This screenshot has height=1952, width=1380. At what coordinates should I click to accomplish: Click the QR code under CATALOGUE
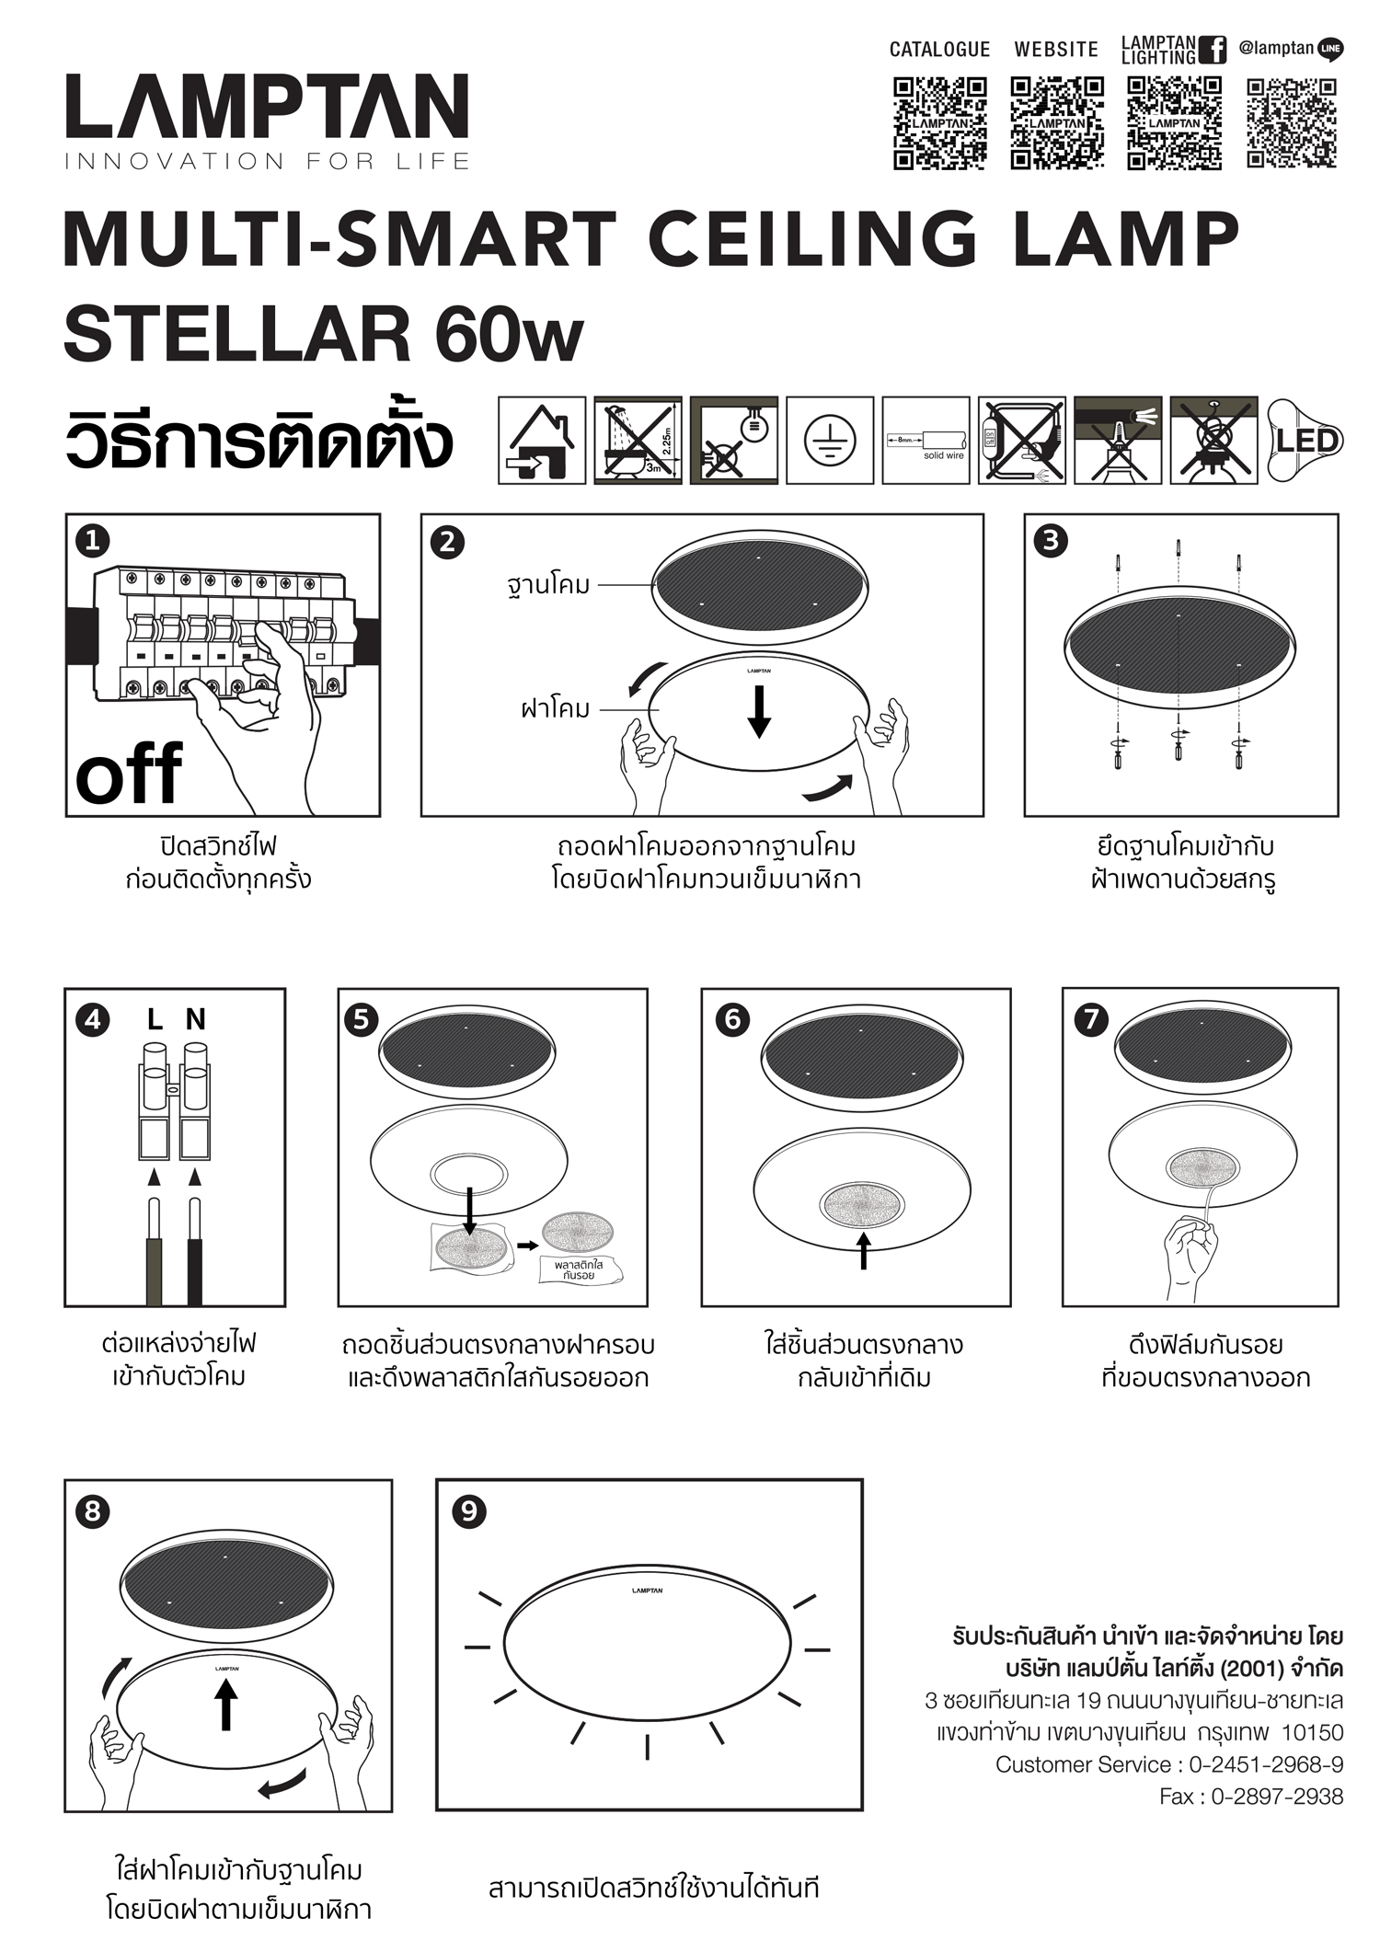939,123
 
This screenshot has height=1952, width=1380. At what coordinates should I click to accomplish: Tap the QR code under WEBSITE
1057,123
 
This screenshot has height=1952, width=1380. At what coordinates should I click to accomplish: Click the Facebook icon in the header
1214,50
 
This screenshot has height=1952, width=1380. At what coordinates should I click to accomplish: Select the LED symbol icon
1305,441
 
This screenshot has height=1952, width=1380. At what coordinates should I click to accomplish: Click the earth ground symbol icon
829,441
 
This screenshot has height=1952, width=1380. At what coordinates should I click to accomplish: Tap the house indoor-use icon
542,441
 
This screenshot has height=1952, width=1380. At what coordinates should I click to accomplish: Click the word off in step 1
129,775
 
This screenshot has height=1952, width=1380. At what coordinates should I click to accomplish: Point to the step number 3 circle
1051,541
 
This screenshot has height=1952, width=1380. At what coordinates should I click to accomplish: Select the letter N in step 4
195,1019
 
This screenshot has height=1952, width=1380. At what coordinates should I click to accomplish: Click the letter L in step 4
155,1019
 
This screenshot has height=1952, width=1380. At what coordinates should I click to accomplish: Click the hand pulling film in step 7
1190,1253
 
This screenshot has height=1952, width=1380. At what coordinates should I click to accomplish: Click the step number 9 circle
469,1511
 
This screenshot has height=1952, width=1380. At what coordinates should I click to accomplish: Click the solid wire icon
926,441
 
